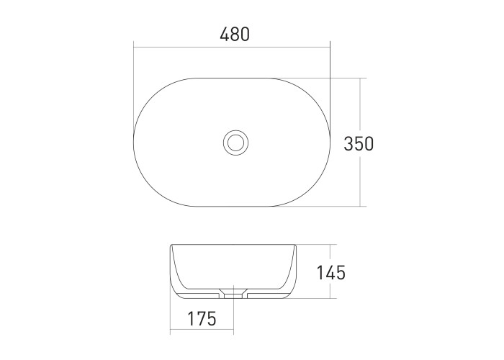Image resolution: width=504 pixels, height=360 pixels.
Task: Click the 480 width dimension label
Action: (x=235, y=35)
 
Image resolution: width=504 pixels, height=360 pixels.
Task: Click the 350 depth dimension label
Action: (x=359, y=144)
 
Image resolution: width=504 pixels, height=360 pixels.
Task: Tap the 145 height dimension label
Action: (x=330, y=273)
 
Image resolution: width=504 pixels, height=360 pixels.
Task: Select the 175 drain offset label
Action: (x=202, y=318)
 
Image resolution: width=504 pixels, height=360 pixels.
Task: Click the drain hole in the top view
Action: (x=235, y=142)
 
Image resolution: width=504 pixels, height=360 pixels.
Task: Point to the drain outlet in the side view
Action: (x=234, y=294)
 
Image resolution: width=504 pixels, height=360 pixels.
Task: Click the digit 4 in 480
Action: (x=225, y=35)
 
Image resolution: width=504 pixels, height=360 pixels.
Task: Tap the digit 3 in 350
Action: (x=348, y=144)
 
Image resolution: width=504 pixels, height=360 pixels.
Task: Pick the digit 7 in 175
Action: (x=201, y=318)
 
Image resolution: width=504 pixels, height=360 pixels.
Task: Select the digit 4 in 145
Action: (x=330, y=273)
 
